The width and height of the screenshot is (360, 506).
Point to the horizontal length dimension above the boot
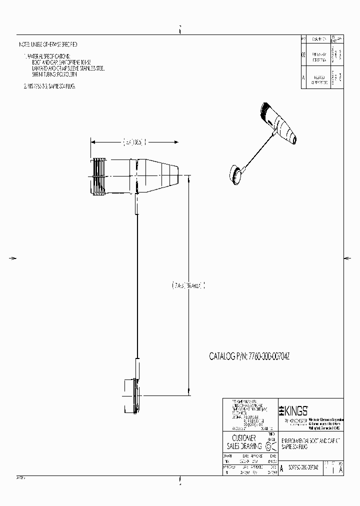click(x=134, y=142)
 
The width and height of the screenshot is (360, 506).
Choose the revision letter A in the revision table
click(x=303, y=79)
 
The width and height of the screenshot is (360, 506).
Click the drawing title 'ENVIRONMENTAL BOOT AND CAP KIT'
click(x=310, y=440)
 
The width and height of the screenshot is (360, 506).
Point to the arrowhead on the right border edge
click(x=347, y=258)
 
